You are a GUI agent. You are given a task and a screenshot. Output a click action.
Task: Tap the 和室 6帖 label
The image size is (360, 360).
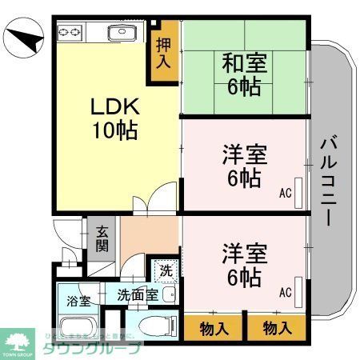click(244, 74)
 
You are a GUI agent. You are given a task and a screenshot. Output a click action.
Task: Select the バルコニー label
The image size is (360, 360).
click(328, 180)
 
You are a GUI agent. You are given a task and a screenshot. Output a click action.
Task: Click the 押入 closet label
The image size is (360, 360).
click(162, 54)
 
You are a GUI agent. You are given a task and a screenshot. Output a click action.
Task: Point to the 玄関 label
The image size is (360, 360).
click(102, 237)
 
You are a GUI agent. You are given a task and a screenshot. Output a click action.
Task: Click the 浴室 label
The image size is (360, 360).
click(78, 302)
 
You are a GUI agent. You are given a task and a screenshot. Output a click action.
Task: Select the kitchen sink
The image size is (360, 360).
click(124, 33)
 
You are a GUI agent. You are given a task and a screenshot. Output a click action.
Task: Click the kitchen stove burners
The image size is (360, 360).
click(69, 32)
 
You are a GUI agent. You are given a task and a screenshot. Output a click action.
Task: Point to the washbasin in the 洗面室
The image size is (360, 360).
click(168, 295)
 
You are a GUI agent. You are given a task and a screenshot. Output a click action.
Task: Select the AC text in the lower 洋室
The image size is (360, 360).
click(286, 292)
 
